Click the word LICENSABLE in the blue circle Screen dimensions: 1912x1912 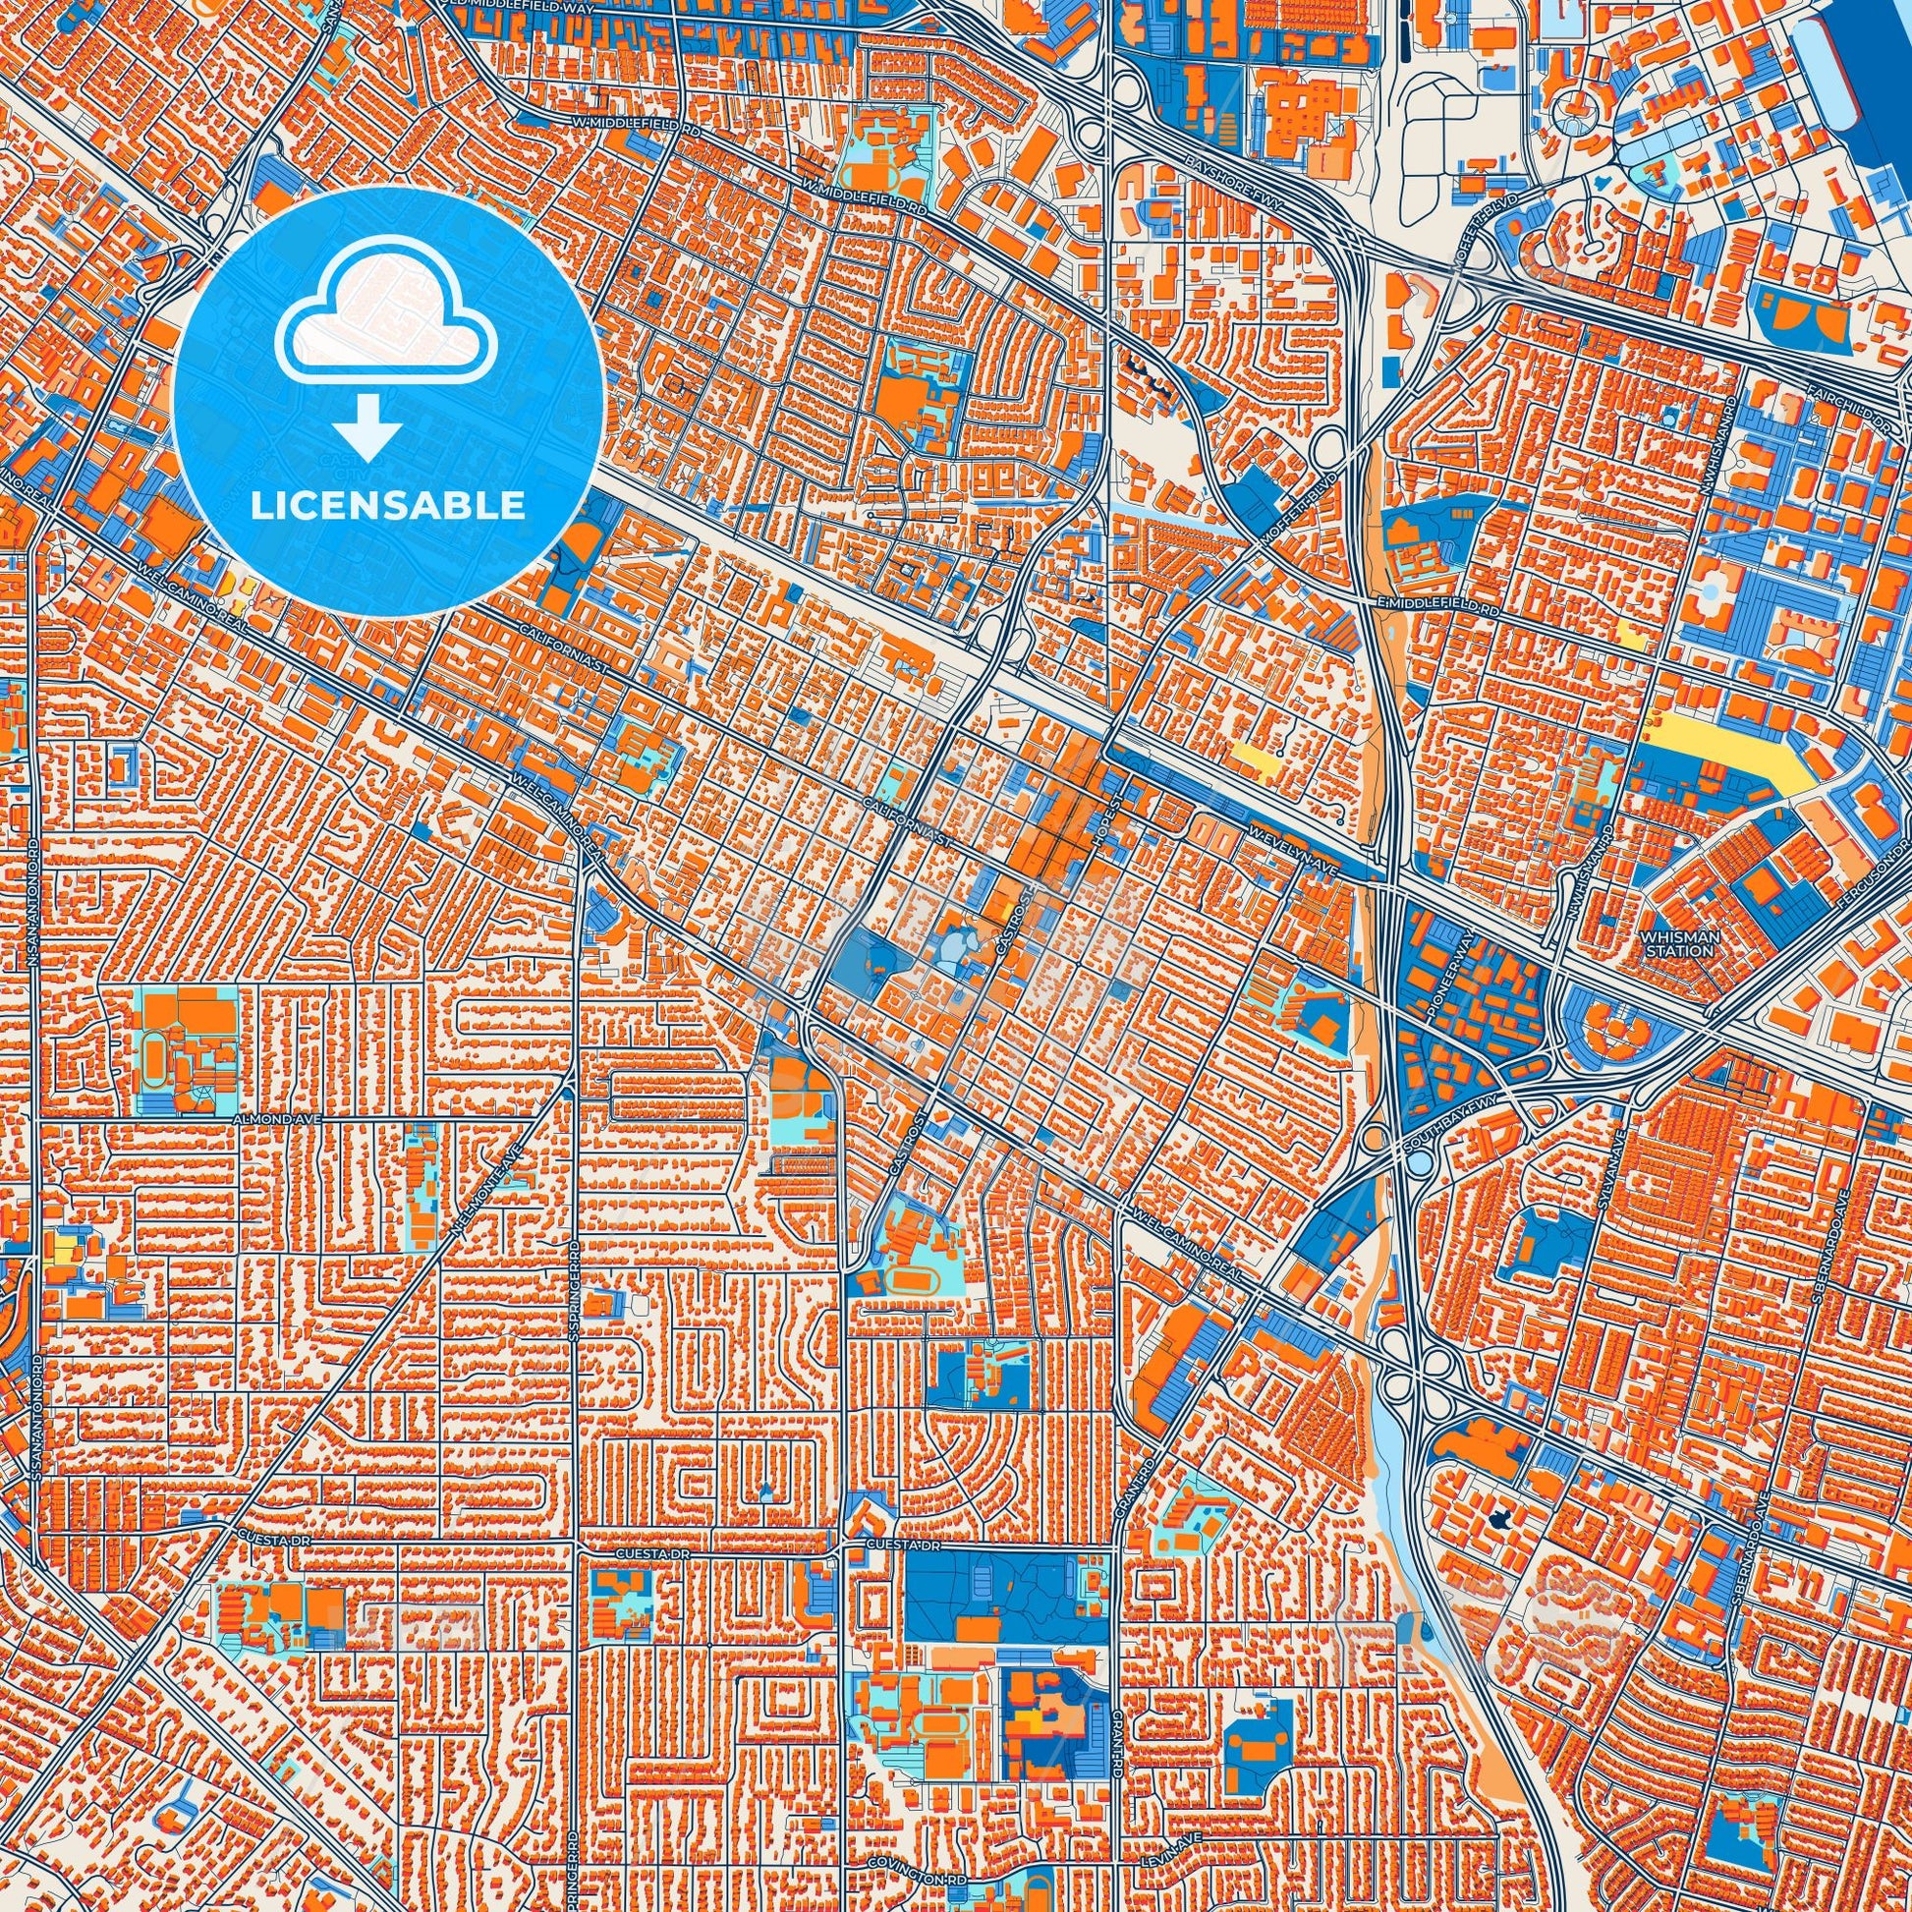pyautogui.click(x=387, y=506)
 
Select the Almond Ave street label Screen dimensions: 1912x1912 pyautogui.click(x=267, y=1116)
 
